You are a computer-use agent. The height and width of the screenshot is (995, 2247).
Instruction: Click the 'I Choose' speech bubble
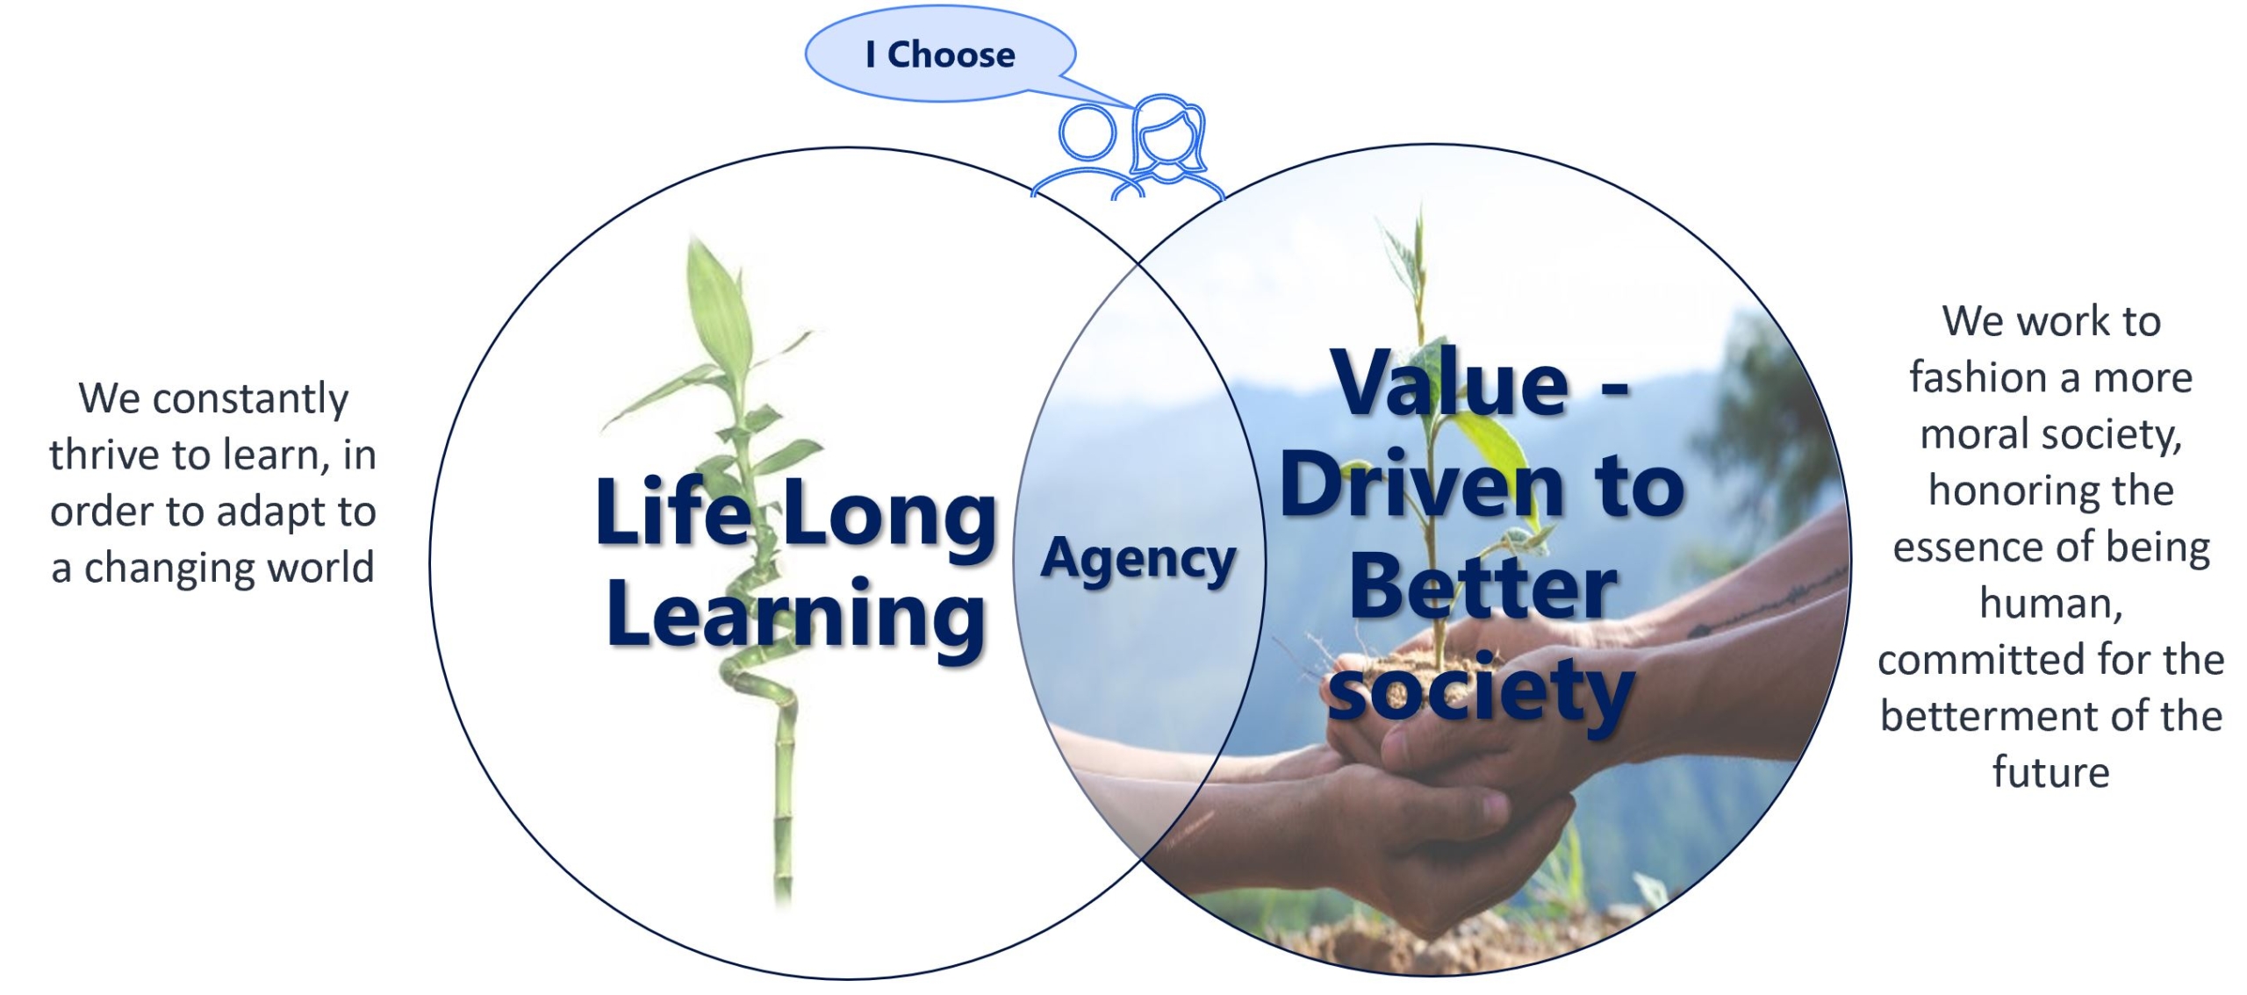pyautogui.click(x=941, y=54)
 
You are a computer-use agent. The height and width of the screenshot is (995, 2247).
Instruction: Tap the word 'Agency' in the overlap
pyautogui.click(x=1138, y=561)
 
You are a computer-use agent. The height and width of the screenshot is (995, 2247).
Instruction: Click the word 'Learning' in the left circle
pyautogui.click(x=796, y=617)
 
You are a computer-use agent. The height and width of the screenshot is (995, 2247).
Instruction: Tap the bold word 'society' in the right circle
pyautogui.click(x=1481, y=693)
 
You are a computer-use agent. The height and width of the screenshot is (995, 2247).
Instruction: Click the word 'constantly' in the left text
pyautogui.click(x=250, y=399)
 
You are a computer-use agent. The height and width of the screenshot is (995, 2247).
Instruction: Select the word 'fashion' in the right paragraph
pyautogui.click(x=1977, y=377)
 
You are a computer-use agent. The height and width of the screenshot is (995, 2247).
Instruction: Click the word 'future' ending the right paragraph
pyautogui.click(x=2050, y=772)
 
